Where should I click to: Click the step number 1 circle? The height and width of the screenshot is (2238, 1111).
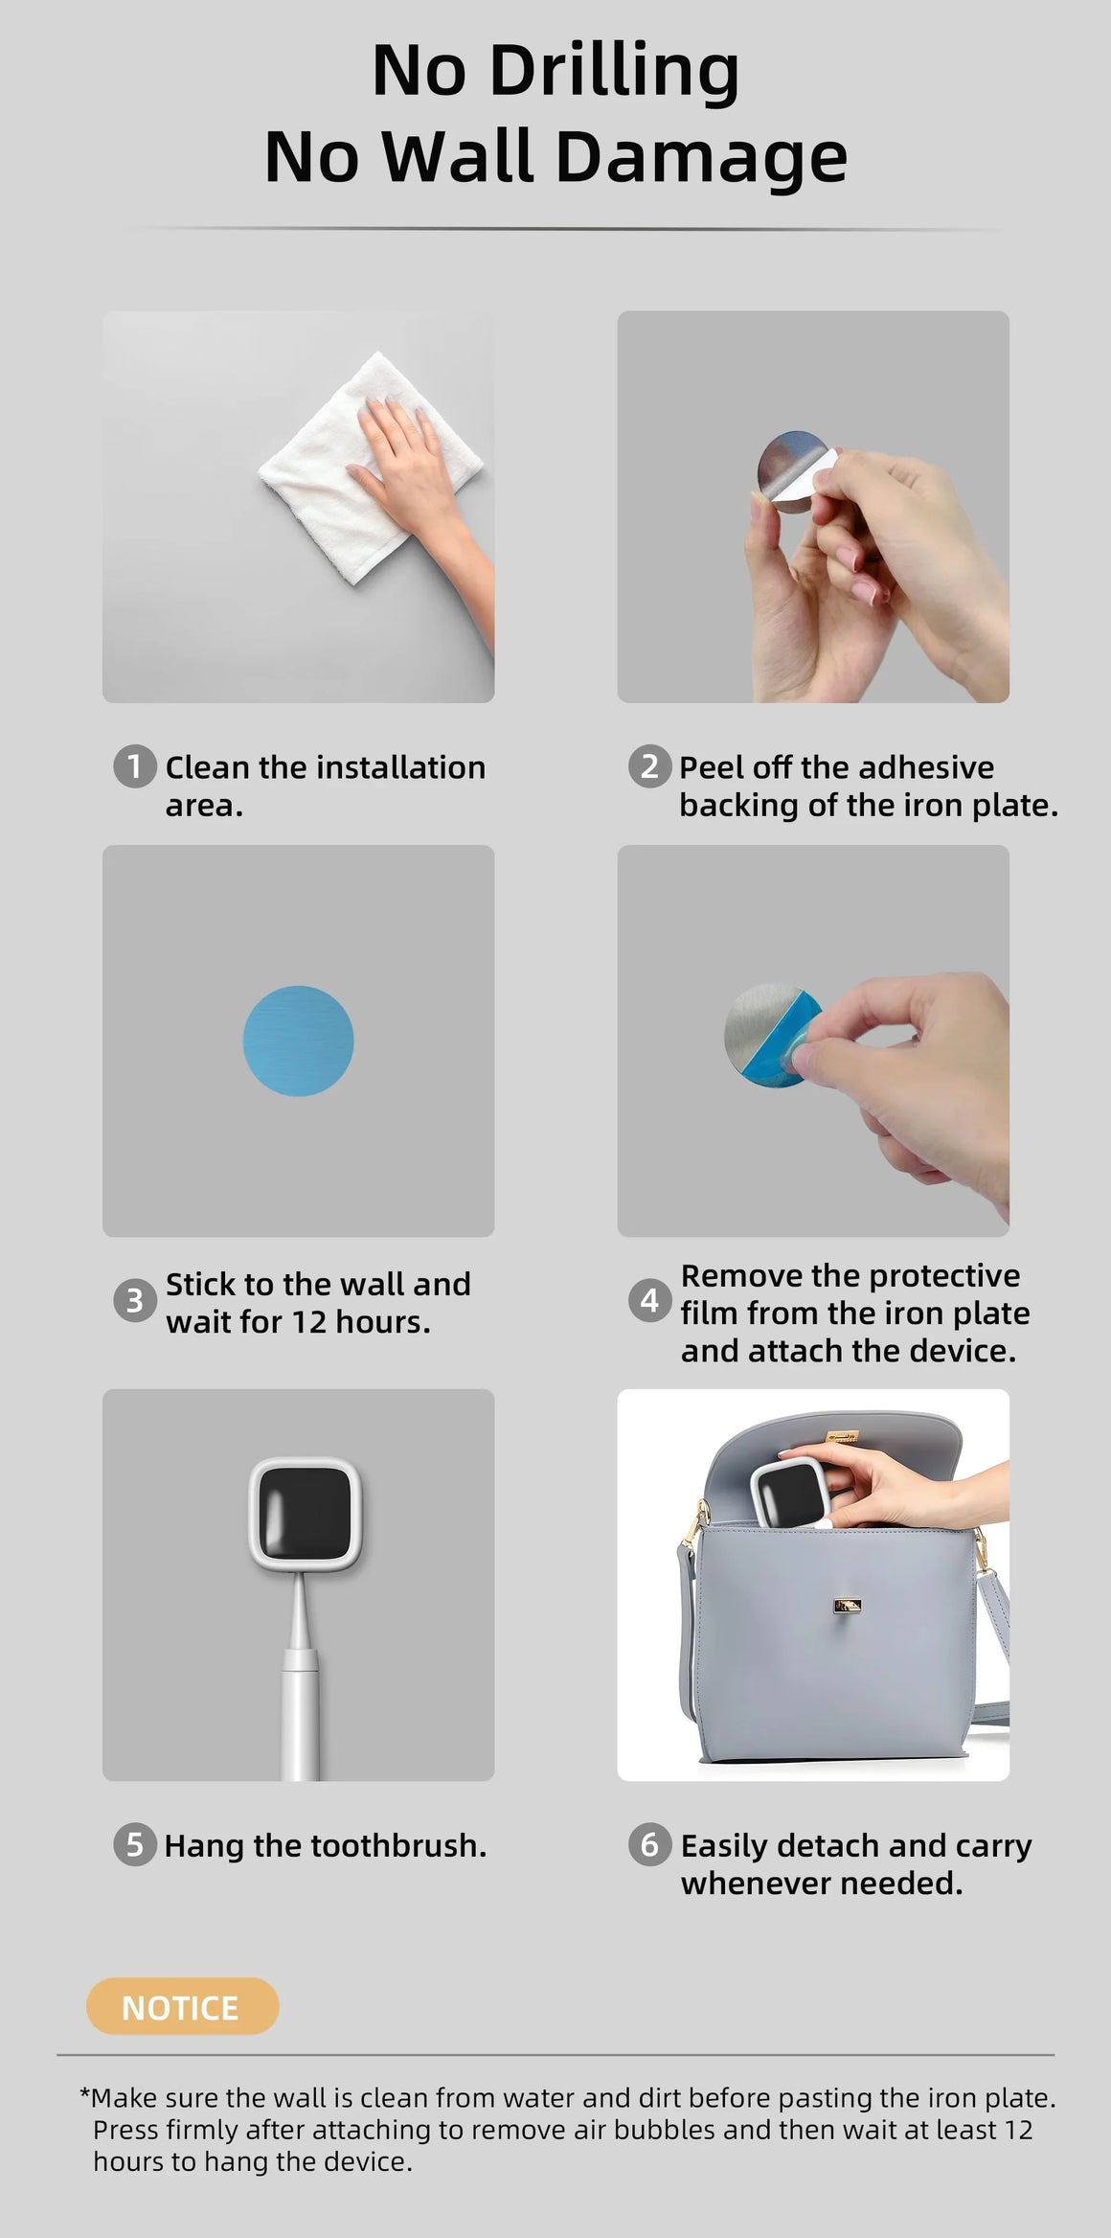(134, 766)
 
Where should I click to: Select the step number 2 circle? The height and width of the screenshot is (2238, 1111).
(649, 766)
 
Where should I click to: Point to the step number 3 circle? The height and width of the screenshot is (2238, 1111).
(134, 1301)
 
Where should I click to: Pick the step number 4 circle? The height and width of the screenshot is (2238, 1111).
(649, 1301)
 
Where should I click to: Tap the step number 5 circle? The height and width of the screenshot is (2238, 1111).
(134, 1844)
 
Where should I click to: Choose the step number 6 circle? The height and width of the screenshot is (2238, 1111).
(649, 1844)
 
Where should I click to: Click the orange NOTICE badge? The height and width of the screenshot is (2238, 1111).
(182, 2005)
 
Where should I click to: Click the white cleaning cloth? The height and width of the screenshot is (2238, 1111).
(345, 479)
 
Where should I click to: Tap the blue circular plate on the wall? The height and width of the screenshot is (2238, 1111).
(298, 1040)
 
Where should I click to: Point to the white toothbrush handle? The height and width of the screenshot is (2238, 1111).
(301, 1696)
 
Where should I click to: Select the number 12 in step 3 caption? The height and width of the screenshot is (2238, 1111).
(309, 1322)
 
